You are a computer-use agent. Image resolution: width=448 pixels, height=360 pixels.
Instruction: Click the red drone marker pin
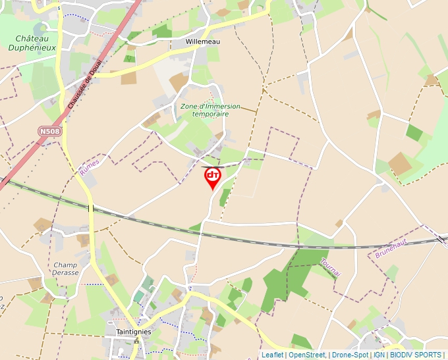[x=213, y=177]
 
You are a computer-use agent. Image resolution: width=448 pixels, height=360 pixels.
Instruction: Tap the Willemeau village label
[x=202, y=41]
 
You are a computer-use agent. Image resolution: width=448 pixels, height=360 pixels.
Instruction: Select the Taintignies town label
[x=133, y=332]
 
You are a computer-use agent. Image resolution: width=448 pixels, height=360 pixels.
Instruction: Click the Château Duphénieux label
[x=31, y=43]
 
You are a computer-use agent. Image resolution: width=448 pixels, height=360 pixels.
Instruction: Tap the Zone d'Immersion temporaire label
[x=210, y=110]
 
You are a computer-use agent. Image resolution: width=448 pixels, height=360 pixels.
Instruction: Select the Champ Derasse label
[x=66, y=269]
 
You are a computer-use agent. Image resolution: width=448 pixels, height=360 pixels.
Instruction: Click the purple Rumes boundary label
[x=88, y=168]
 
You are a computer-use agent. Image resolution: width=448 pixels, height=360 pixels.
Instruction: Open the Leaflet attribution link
[x=272, y=355]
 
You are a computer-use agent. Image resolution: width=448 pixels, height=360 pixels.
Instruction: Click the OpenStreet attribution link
[x=306, y=355]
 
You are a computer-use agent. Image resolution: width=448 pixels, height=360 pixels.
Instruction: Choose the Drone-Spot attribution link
[x=350, y=355]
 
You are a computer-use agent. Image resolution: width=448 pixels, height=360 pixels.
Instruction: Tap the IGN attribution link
[x=379, y=355]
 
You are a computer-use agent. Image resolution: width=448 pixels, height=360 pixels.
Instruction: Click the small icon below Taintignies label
[x=136, y=341]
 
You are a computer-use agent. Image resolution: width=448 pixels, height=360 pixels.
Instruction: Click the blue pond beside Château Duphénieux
[x=39, y=28]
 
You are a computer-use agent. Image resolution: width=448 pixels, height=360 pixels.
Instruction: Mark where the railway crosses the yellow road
[x=91, y=208]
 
